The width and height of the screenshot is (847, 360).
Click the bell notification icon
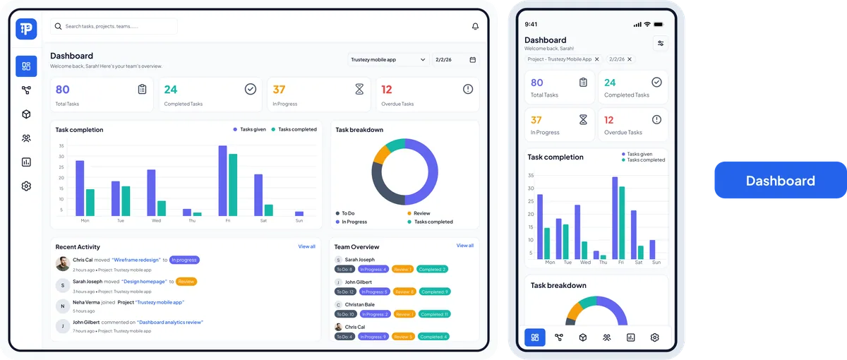pos(475,26)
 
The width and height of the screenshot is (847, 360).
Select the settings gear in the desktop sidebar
pos(26,186)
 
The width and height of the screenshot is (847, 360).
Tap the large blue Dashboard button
pos(780,181)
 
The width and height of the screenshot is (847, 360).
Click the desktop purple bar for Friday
pos(222,181)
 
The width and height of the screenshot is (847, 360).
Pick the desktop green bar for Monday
pos(90,202)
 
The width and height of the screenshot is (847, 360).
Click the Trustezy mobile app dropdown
pos(388,60)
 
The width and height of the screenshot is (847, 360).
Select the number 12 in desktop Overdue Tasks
pos(386,90)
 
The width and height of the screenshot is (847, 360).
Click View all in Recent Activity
pos(306,246)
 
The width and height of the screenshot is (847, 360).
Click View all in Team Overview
pos(464,246)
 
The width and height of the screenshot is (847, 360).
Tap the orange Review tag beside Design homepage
pos(186,282)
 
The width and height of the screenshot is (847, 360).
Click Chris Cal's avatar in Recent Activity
pos(62,263)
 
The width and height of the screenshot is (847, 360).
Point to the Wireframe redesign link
pos(136,260)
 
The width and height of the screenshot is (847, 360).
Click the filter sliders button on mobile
pos(660,43)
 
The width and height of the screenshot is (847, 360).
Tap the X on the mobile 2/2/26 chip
pos(630,59)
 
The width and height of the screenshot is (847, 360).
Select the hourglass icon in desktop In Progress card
pos(359,89)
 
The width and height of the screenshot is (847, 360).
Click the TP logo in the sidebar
pos(26,28)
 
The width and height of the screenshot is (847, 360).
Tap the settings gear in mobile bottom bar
pos(654,337)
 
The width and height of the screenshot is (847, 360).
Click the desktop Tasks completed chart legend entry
pos(293,129)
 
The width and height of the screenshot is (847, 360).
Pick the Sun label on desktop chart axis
pos(299,221)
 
